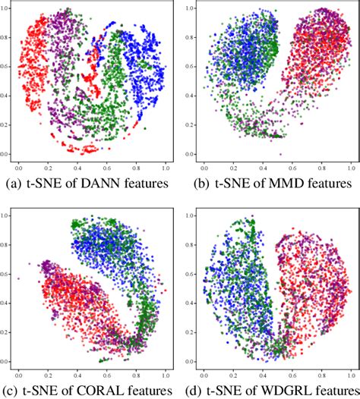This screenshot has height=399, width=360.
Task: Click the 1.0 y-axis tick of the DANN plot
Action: click(x=7, y=10)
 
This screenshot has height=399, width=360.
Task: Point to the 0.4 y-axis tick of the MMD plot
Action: click(x=192, y=96)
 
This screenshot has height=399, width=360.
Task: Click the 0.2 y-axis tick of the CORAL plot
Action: click(x=7, y=332)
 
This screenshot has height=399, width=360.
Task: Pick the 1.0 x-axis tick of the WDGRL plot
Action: click(x=351, y=374)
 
